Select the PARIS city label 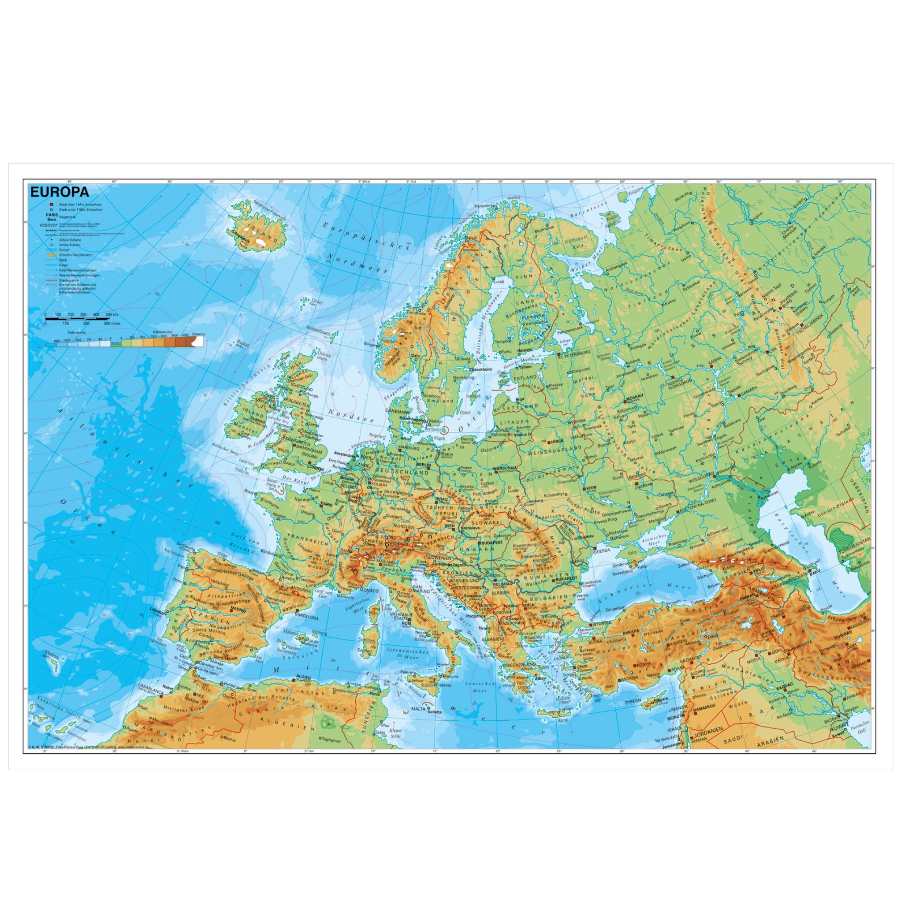point(327,504)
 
